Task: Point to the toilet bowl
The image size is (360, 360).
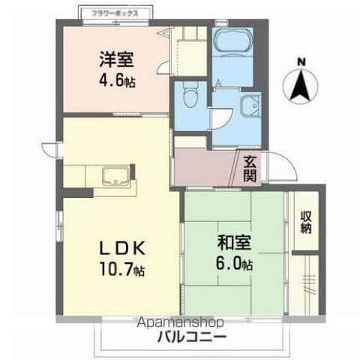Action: pos(190,96)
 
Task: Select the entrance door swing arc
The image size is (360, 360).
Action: pos(280,165)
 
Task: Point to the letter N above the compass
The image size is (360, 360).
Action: pos(301,61)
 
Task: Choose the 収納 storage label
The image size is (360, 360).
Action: pos(306,223)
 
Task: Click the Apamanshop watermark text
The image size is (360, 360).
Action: pos(180,323)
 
